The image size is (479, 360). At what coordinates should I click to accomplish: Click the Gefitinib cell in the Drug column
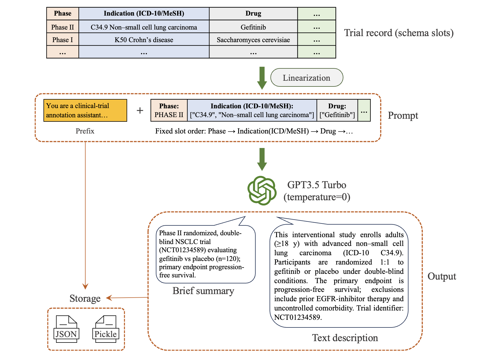pos(253,27)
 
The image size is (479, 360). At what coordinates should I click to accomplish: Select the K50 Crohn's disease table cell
pos(144,40)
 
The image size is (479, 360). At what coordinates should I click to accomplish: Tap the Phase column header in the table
pos(63,13)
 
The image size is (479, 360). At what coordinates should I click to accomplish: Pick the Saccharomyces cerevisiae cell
pos(253,40)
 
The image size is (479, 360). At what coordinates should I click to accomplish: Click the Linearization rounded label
pos(306,78)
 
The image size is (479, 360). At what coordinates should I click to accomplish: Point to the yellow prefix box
pos(85,110)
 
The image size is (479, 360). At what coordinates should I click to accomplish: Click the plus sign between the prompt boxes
pos(140,110)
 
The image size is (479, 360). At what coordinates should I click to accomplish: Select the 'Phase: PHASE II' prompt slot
pos(169,110)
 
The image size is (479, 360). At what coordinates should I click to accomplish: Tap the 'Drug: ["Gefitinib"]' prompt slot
pos(337,110)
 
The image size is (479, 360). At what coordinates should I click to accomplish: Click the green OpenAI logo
pos(262,191)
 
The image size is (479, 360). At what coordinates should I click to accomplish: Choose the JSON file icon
pos(66,329)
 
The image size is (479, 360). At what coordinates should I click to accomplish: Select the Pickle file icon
pos(106,329)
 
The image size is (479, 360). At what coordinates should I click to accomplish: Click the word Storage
pos(85,298)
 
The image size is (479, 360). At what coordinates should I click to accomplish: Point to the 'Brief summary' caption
pos(203,291)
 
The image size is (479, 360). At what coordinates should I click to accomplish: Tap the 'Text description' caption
pos(345,338)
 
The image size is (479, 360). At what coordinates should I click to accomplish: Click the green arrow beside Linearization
pos(262,78)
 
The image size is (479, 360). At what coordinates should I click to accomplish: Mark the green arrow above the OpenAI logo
pos(262,159)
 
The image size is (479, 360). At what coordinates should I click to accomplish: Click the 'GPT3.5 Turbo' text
pos(317,185)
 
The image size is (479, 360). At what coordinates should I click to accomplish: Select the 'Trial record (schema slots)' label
pos(399,33)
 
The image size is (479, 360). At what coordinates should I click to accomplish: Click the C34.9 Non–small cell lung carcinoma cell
pos(144,27)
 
